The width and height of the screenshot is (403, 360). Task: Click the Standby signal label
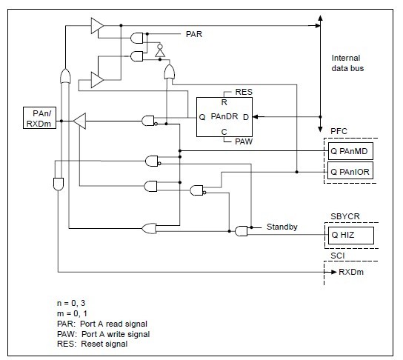(x=282, y=227)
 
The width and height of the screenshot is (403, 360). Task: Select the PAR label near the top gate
(x=193, y=33)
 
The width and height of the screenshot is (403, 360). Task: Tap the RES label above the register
(x=244, y=93)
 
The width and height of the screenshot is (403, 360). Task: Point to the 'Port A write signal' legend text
(x=110, y=334)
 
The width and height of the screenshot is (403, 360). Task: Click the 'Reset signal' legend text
(x=99, y=344)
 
